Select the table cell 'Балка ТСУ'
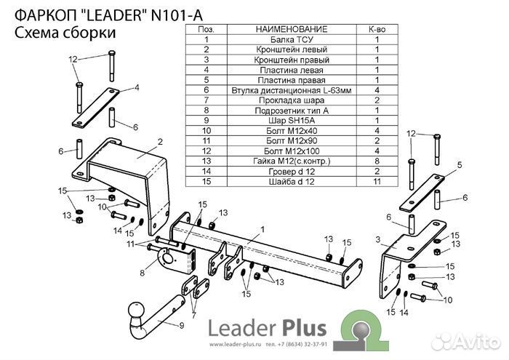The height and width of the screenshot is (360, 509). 292,39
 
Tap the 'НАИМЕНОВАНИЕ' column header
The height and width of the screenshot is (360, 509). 292,29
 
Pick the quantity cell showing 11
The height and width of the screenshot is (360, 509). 377,181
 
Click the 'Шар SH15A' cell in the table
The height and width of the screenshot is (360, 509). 292,121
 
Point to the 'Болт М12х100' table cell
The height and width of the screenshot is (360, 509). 292,151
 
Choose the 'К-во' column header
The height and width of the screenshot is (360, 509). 377,29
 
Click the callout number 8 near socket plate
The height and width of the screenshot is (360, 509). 143,273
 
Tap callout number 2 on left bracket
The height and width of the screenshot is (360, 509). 160,142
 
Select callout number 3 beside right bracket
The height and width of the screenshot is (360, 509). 378,239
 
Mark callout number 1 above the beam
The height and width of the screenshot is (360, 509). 262,230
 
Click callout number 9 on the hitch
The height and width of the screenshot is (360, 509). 182,325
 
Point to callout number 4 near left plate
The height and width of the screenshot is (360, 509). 137,87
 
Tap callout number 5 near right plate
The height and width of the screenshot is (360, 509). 460,165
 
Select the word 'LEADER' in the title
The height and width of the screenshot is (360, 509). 115,15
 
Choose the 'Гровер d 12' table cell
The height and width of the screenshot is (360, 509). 292,171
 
